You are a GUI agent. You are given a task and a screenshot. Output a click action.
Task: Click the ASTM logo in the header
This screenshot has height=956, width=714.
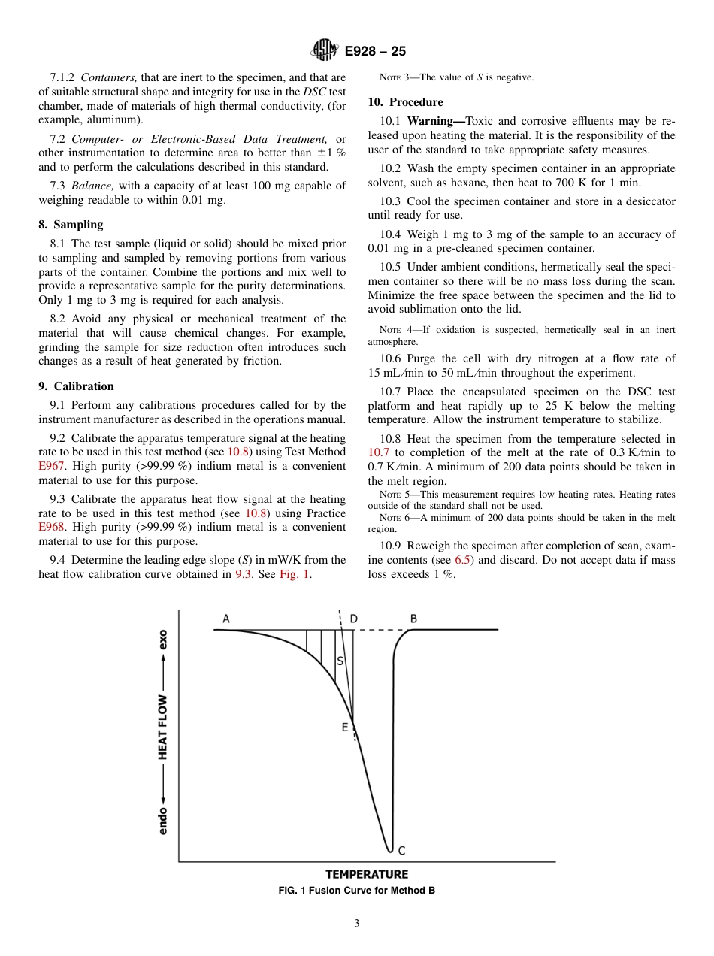325,51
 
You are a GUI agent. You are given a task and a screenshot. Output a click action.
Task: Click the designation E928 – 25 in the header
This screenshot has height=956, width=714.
375,52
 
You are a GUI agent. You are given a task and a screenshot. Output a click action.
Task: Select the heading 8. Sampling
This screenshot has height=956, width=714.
71,225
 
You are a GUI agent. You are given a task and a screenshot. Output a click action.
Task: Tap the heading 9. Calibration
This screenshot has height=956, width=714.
76,386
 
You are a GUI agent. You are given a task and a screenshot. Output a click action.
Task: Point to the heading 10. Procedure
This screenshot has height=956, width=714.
405,102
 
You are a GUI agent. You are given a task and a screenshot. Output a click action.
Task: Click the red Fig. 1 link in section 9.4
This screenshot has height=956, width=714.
294,574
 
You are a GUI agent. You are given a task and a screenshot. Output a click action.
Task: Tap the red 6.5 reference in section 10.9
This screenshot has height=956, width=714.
462,560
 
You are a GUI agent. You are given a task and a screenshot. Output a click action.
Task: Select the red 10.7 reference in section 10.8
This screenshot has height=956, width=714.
378,452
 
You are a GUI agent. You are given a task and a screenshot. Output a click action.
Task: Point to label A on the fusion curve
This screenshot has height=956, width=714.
225,619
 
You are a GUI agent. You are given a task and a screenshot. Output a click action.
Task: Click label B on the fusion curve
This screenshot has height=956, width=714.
413,619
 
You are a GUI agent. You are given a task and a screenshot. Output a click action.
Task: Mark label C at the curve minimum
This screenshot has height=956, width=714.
401,850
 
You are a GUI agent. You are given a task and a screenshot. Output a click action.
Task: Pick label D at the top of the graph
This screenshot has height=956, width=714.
353,619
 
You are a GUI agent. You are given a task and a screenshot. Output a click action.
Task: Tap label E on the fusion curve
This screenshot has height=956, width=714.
345,727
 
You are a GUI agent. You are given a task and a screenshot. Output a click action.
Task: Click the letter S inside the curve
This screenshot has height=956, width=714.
340,661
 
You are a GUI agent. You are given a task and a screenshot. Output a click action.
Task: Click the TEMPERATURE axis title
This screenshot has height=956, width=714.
367,874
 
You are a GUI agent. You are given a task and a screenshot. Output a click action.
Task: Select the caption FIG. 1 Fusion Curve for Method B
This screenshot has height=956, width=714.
357,891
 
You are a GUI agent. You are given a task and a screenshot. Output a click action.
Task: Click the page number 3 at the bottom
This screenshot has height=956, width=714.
357,924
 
